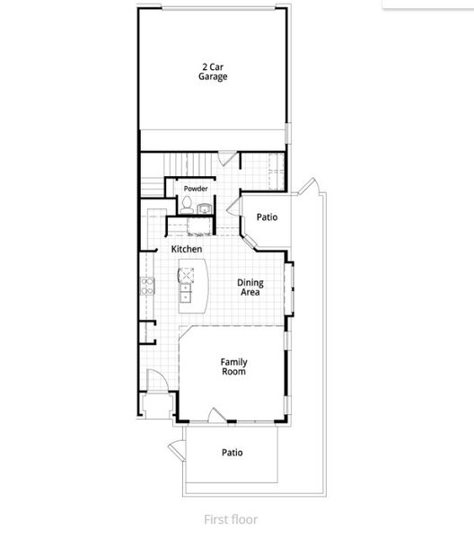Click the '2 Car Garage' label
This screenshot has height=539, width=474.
pyautogui.click(x=213, y=72)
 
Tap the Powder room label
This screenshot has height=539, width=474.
pyautogui.click(x=196, y=189)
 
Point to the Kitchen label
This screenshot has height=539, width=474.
pyautogui.click(x=186, y=249)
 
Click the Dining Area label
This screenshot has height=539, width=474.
pyautogui.click(x=250, y=287)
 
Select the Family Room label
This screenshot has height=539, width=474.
pyautogui.click(x=233, y=367)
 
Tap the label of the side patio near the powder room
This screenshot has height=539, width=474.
pyautogui.click(x=267, y=217)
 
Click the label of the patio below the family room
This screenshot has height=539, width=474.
pyautogui.click(x=232, y=453)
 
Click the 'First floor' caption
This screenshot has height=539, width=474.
pyautogui.click(x=230, y=518)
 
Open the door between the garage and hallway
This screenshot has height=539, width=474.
pyautogui.click(x=230, y=159)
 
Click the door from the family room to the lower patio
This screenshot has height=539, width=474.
pyautogui.click(x=216, y=415)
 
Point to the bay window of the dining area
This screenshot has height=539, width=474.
pyautogui.click(x=289, y=287)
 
